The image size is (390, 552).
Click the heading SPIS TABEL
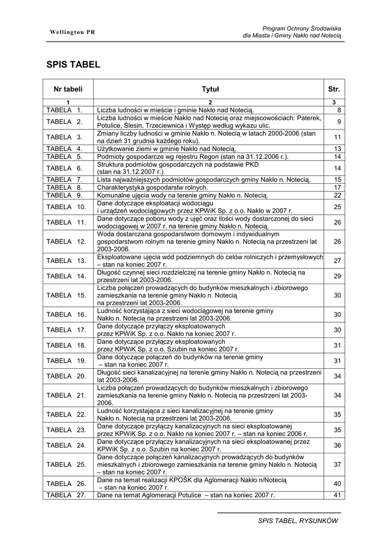[73, 65]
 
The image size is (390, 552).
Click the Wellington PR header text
[73, 32]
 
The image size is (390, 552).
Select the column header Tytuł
[210, 89]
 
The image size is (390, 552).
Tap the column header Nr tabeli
[68, 89]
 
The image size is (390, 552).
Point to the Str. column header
[334, 89]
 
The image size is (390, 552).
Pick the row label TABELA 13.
[66, 261]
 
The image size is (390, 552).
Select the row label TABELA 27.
[66, 495]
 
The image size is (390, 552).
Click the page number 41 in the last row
[338, 495]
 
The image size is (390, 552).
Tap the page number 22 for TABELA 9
[338, 195]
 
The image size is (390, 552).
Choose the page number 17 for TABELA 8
[338, 187]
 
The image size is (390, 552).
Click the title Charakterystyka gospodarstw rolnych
[152, 187]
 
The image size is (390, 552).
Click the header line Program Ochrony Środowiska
[302, 28]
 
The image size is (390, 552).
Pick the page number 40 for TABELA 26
[338, 484]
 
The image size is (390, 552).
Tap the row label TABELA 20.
[66, 376]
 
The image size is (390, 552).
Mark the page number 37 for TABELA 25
[338, 464]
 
